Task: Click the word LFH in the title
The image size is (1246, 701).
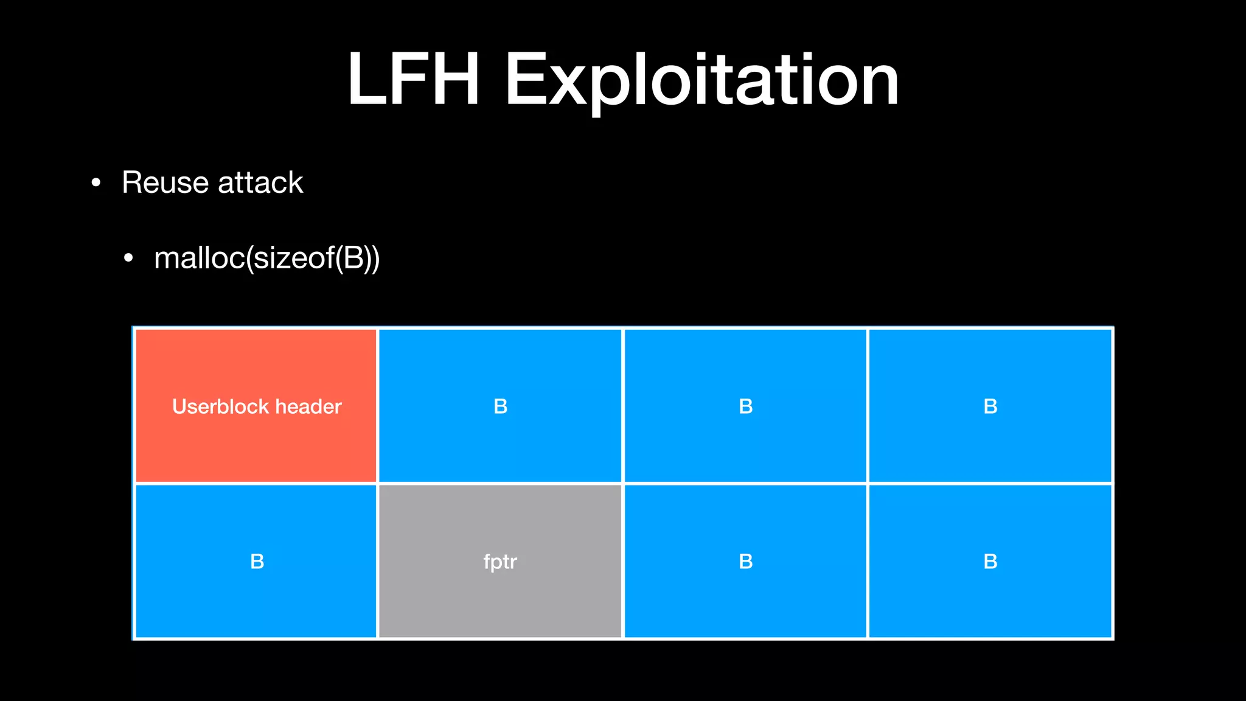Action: coord(414,80)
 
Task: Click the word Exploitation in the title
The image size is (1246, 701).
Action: coord(701,82)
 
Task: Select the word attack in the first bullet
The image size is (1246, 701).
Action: coord(260,183)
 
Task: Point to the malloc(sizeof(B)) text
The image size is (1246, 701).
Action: coord(267,258)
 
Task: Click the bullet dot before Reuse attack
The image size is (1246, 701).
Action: coord(96,183)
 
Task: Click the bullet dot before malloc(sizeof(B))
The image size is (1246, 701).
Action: coord(128,259)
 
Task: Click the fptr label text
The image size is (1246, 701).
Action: coord(500,562)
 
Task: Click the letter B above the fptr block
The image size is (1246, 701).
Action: coord(500,406)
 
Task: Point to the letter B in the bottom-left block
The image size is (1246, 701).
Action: coord(257,562)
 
